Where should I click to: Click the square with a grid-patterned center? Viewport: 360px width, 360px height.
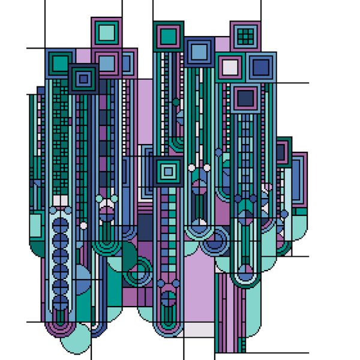245,37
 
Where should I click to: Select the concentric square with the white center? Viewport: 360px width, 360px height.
230,67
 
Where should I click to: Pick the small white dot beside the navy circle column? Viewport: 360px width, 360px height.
83,226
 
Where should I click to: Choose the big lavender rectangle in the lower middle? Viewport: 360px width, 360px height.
197,288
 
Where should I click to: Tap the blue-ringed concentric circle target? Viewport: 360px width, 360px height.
214,242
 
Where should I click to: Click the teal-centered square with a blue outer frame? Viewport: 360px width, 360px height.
60,62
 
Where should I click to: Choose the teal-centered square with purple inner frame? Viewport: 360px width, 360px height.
168,37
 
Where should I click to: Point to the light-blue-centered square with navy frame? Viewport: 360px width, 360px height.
200,52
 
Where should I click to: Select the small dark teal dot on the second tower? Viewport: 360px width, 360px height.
176,103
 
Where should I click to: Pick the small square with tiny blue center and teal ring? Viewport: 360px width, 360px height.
83,79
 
